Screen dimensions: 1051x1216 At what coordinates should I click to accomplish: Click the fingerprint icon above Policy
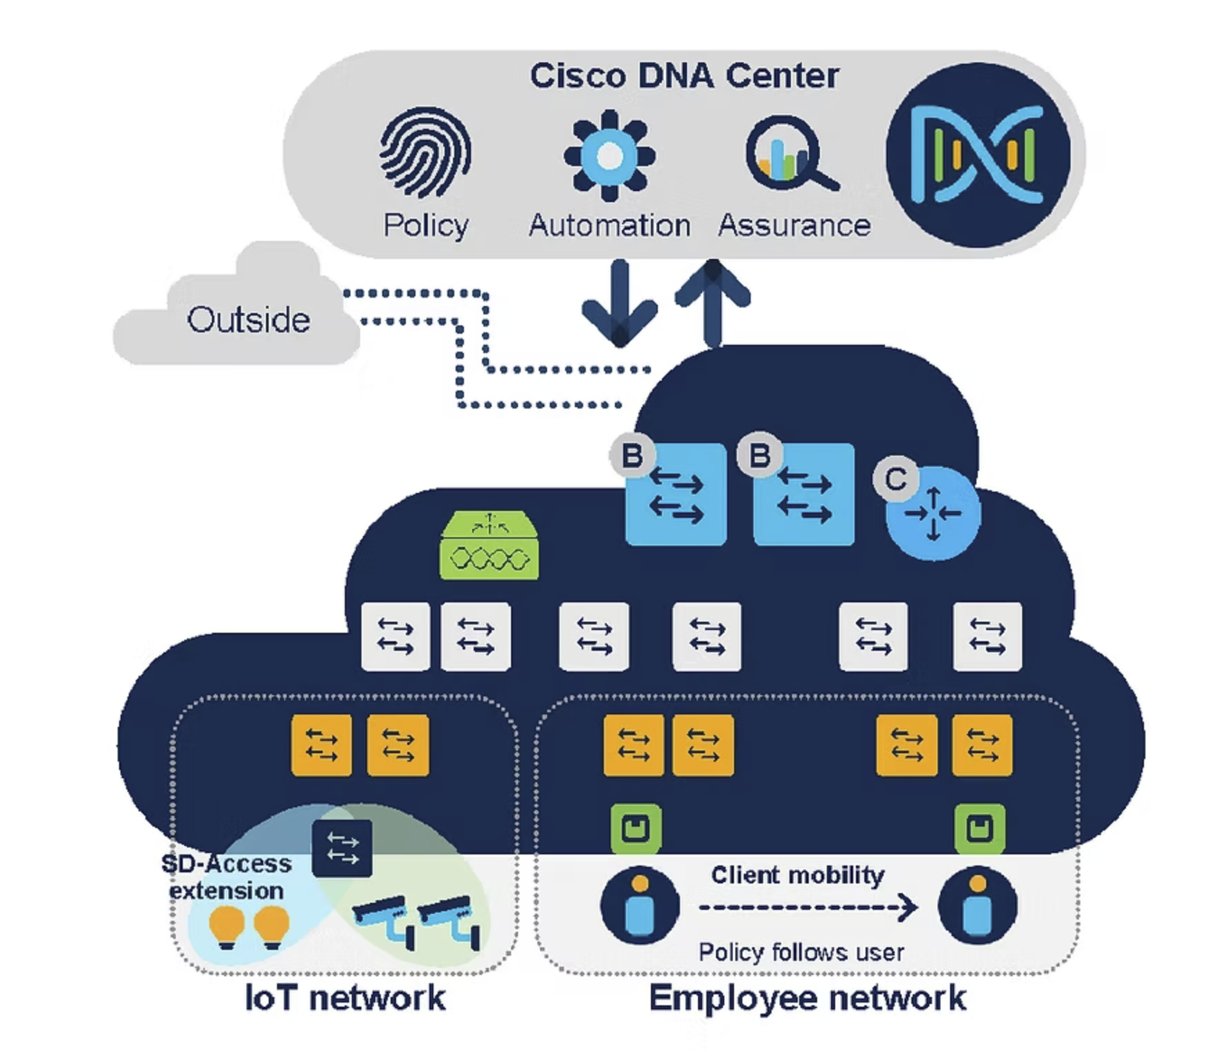[425, 152]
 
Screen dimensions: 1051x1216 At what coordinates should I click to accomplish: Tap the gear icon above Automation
[609, 155]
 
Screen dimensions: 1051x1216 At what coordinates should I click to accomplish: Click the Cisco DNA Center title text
[684, 75]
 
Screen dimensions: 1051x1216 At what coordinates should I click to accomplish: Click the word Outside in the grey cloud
[249, 320]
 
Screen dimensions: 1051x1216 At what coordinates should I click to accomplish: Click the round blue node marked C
[933, 513]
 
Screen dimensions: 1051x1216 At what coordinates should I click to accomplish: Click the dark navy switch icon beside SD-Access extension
[342, 848]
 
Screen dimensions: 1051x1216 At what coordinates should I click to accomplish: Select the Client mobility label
[798, 875]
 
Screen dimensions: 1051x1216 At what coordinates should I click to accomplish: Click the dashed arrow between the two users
[807, 907]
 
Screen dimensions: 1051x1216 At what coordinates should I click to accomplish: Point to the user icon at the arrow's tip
[977, 905]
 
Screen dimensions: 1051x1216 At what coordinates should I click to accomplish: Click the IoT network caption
[345, 998]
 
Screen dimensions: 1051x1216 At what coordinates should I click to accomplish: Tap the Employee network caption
[807, 998]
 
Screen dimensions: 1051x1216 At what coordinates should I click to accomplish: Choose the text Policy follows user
[801, 953]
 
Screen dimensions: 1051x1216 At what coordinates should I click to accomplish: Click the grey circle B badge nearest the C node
[760, 456]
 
